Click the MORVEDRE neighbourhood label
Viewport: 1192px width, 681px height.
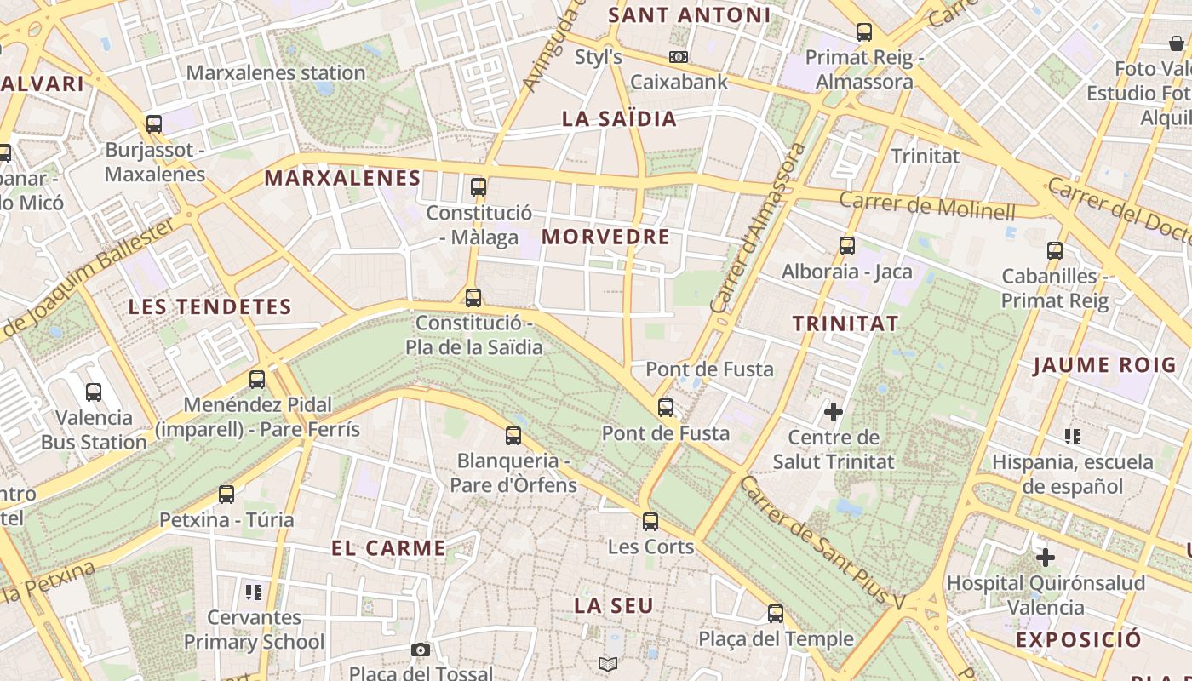click(x=605, y=237)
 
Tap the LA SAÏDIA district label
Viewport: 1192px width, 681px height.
click(x=619, y=118)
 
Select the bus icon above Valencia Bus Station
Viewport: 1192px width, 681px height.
click(x=94, y=392)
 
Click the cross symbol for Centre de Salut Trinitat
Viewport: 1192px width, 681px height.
click(x=834, y=413)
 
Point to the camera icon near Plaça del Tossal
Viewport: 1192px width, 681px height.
click(x=420, y=650)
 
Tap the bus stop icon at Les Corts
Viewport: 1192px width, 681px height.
click(x=650, y=522)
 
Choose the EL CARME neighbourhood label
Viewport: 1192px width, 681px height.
click(x=388, y=548)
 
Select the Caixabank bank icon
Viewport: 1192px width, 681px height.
click(x=679, y=57)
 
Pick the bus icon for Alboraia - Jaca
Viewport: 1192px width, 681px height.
click(x=847, y=246)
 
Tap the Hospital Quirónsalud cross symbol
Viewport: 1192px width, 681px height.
click(x=1046, y=558)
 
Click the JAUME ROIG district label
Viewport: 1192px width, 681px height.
click(x=1104, y=366)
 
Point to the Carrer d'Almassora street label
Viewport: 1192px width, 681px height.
click(x=758, y=228)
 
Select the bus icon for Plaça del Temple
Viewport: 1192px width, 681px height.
click(x=776, y=614)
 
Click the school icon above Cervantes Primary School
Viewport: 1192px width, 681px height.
click(x=253, y=592)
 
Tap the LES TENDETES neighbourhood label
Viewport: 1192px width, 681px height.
click(x=209, y=306)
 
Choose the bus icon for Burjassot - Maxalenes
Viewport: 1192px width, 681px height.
click(x=154, y=124)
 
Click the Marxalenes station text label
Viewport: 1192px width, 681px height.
click(x=276, y=73)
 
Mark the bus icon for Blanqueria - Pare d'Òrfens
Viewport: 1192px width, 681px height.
click(x=513, y=436)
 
